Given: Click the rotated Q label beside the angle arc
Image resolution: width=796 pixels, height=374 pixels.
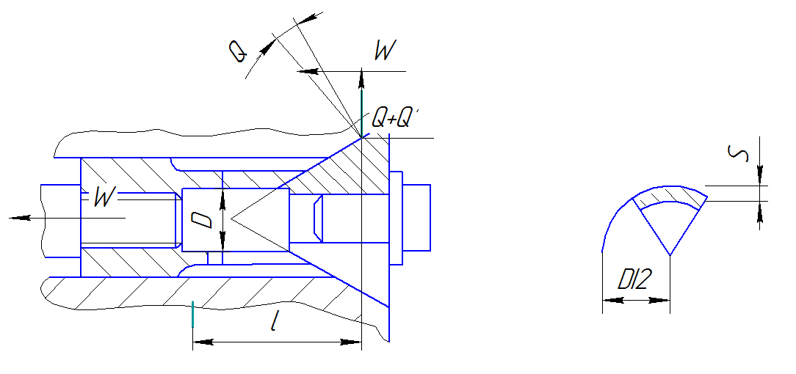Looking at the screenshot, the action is [x=237, y=51].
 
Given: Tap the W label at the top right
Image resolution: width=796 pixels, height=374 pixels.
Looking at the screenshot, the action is [x=384, y=51].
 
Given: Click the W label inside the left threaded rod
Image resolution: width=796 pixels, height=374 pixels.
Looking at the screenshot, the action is [x=104, y=197].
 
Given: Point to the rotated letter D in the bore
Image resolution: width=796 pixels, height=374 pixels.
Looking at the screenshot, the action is [x=200, y=220].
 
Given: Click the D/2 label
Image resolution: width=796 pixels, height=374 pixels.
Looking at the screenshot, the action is [x=633, y=279].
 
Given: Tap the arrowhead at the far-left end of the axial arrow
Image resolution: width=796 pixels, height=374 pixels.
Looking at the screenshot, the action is [x=19, y=218].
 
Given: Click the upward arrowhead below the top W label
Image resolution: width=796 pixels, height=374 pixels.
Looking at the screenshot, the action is [x=361, y=79].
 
